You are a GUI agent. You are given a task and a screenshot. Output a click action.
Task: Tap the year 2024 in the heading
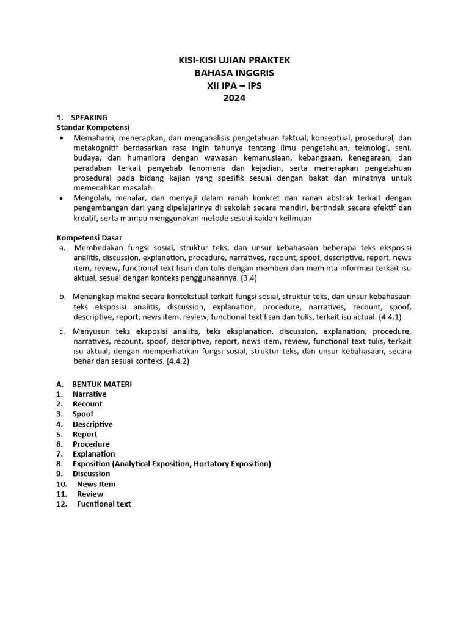point(234,98)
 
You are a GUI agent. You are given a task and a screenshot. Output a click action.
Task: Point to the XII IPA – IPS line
point(234,85)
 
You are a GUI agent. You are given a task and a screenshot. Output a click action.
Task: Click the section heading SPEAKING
point(89,117)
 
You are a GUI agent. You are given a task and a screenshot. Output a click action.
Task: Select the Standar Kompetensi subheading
point(93,128)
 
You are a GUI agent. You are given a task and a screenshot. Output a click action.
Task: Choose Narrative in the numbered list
point(89,394)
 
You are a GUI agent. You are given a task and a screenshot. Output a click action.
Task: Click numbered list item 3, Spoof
point(83,414)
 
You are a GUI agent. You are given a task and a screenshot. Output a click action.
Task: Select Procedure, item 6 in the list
point(91,444)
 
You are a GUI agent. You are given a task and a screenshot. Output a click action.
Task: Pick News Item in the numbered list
point(96,484)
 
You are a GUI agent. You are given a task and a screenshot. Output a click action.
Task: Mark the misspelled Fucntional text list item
point(104,504)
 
